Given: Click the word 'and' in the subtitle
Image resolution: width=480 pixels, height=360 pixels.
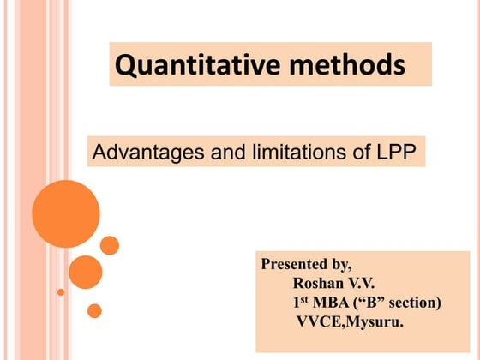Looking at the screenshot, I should click(x=218, y=154).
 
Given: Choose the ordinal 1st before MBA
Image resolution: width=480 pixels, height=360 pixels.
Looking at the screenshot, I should click(x=300, y=303).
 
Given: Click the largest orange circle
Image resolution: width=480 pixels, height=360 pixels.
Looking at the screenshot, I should click(x=66, y=213).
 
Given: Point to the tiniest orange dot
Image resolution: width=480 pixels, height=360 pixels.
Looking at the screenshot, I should click(x=61, y=291).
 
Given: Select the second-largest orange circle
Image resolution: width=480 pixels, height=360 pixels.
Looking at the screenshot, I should click(x=85, y=272).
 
